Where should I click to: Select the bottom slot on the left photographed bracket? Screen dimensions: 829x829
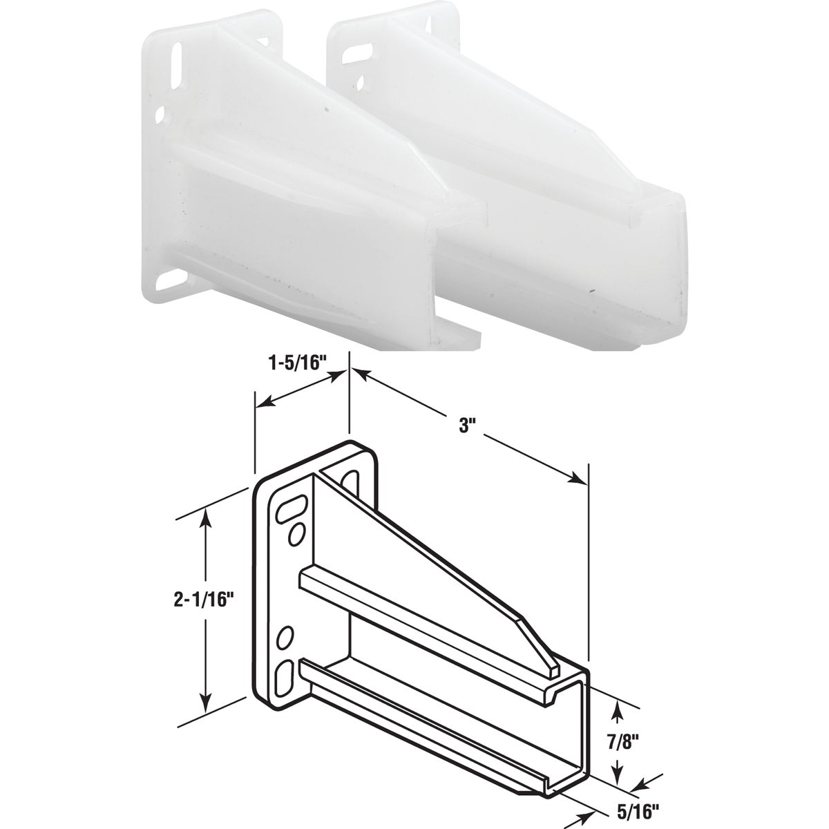click(163, 283)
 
